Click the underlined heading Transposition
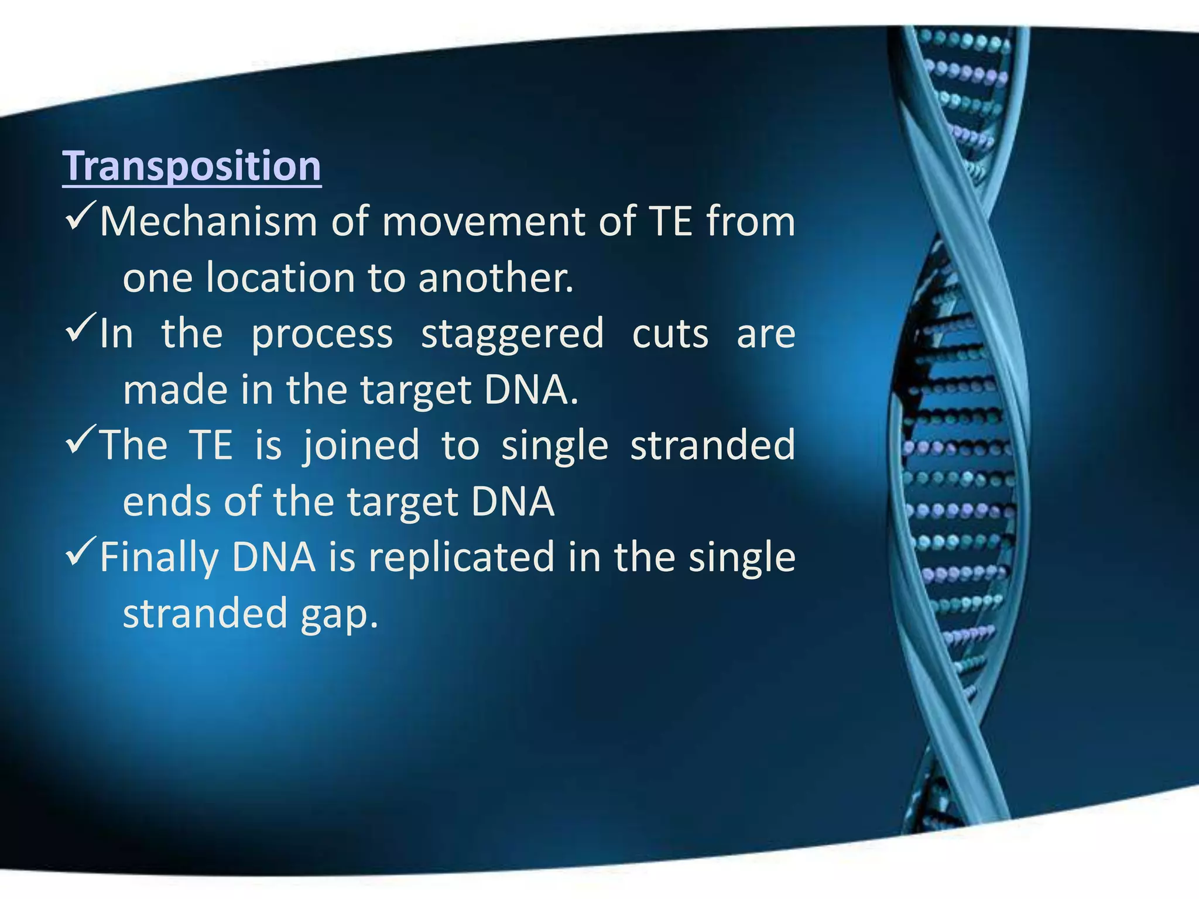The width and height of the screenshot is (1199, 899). pyautogui.click(x=192, y=166)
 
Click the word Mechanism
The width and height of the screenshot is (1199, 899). pyautogui.click(x=208, y=222)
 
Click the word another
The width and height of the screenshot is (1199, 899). pyautogui.click(x=496, y=278)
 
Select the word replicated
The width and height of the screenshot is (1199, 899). pyautogui.click(x=461, y=558)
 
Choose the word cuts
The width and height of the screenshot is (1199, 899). pyautogui.click(x=670, y=334)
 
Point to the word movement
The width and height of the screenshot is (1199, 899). pyautogui.click(x=484, y=222)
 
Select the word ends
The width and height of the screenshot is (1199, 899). pyautogui.click(x=167, y=502)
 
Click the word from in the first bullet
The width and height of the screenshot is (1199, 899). pyautogui.click(x=751, y=222)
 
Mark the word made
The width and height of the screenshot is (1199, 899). pyautogui.click(x=174, y=390)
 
